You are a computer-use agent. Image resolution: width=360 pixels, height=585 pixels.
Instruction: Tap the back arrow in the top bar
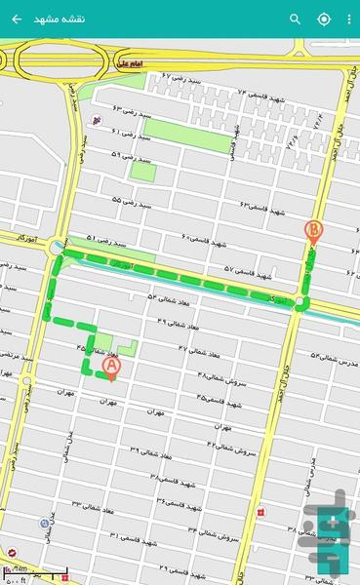pos(17,19)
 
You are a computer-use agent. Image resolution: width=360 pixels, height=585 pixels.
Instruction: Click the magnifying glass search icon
pos(296,19)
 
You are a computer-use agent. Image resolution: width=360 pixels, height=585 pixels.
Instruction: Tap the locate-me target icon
pos(324,19)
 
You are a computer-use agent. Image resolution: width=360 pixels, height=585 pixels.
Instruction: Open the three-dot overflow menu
pos(349,19)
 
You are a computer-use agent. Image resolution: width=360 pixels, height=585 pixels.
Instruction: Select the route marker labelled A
pos(110,366)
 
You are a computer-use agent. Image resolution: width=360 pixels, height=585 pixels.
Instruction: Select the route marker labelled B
pos(313,232)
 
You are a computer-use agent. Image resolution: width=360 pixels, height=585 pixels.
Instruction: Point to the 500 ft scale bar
pos(35,572)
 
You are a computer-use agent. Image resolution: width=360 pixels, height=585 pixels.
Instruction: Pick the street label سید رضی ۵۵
pos(131,201)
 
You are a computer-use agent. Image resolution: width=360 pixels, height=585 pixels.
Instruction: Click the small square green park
pos(143,172)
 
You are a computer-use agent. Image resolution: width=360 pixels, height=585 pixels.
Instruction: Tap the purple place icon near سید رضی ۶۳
pos(95,121)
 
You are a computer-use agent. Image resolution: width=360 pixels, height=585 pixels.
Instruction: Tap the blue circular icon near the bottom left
pos(45,524)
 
